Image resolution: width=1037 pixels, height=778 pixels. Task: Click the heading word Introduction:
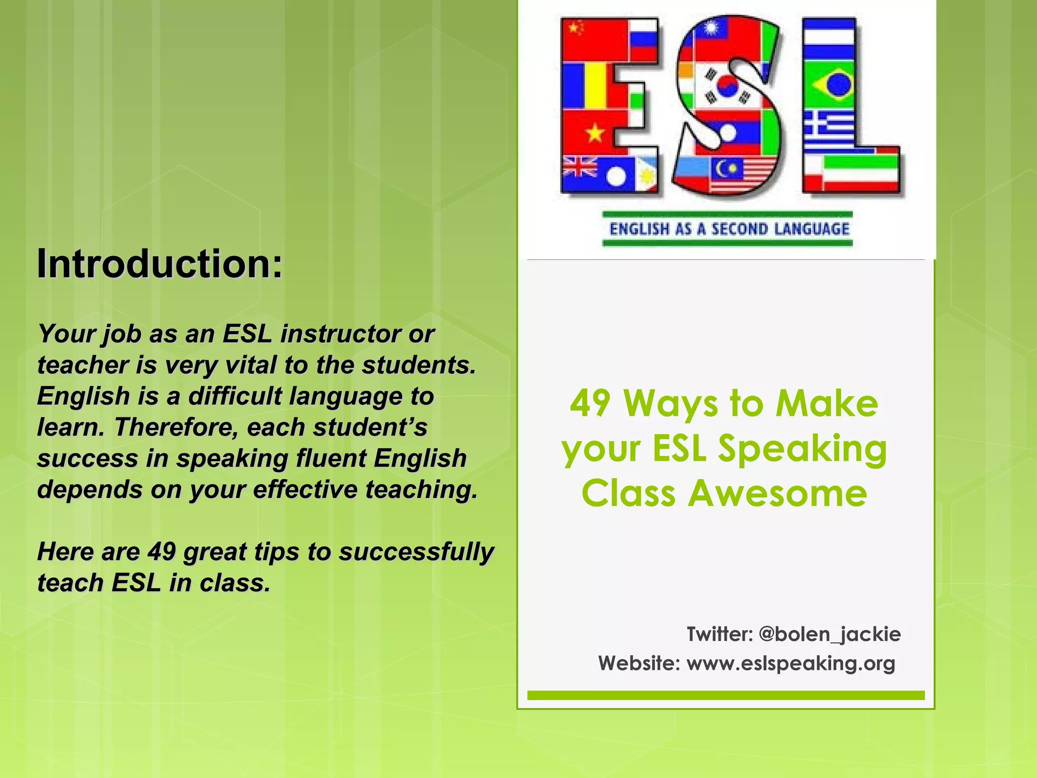159,264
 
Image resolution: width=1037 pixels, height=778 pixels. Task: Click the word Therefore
176,427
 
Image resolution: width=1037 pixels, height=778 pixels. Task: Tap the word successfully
416,552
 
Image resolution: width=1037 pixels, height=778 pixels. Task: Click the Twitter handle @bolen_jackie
829,634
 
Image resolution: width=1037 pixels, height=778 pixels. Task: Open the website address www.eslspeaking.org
790,663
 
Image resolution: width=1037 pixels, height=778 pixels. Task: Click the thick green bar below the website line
726,695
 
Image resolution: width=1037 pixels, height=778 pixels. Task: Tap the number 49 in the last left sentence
162,552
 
